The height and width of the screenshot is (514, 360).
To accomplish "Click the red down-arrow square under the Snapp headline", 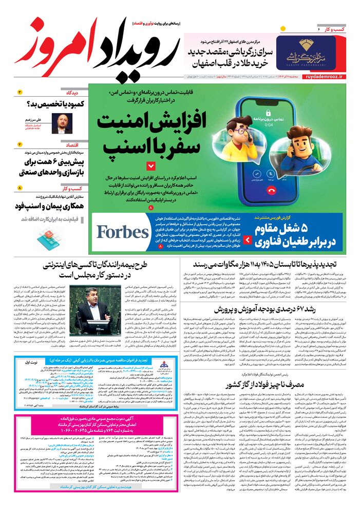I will click(150, 166).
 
